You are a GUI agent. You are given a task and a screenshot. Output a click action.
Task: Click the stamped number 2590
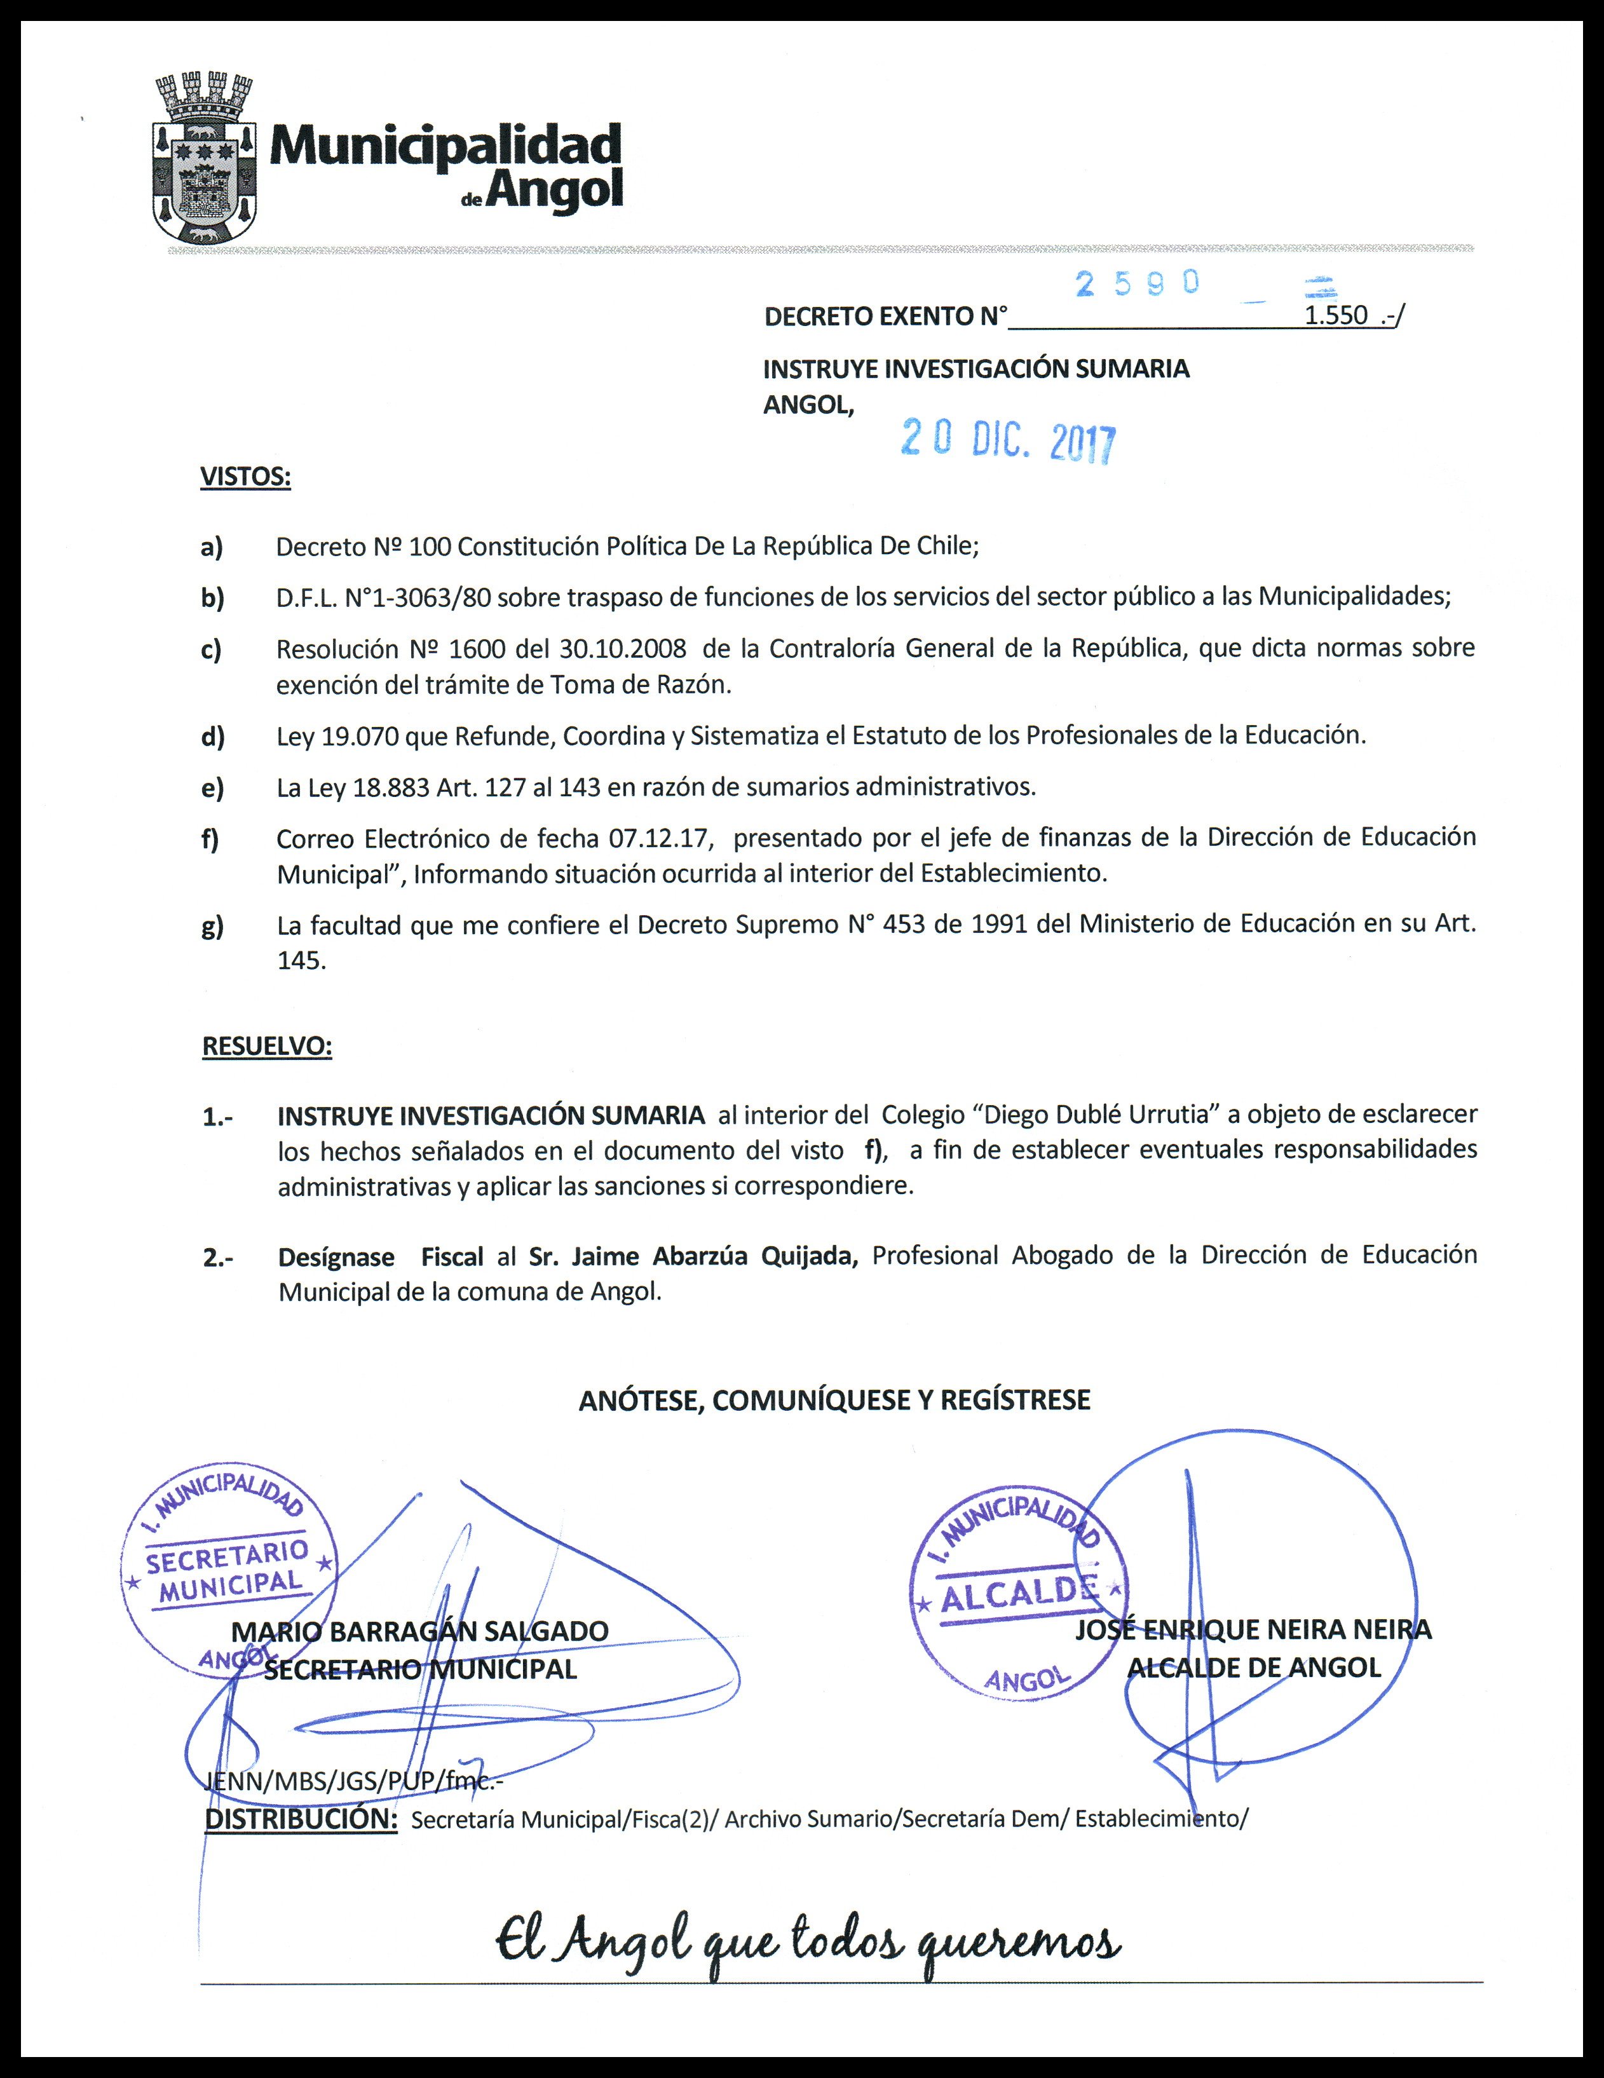(1137, 283)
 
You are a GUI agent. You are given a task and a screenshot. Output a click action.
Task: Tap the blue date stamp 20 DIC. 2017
(1009, 440)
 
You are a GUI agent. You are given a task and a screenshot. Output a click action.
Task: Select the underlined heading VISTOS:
(245, 477)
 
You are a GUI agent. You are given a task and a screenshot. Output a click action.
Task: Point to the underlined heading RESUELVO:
(268, 1047)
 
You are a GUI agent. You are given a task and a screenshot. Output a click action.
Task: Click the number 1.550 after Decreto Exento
(1336, 316)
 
